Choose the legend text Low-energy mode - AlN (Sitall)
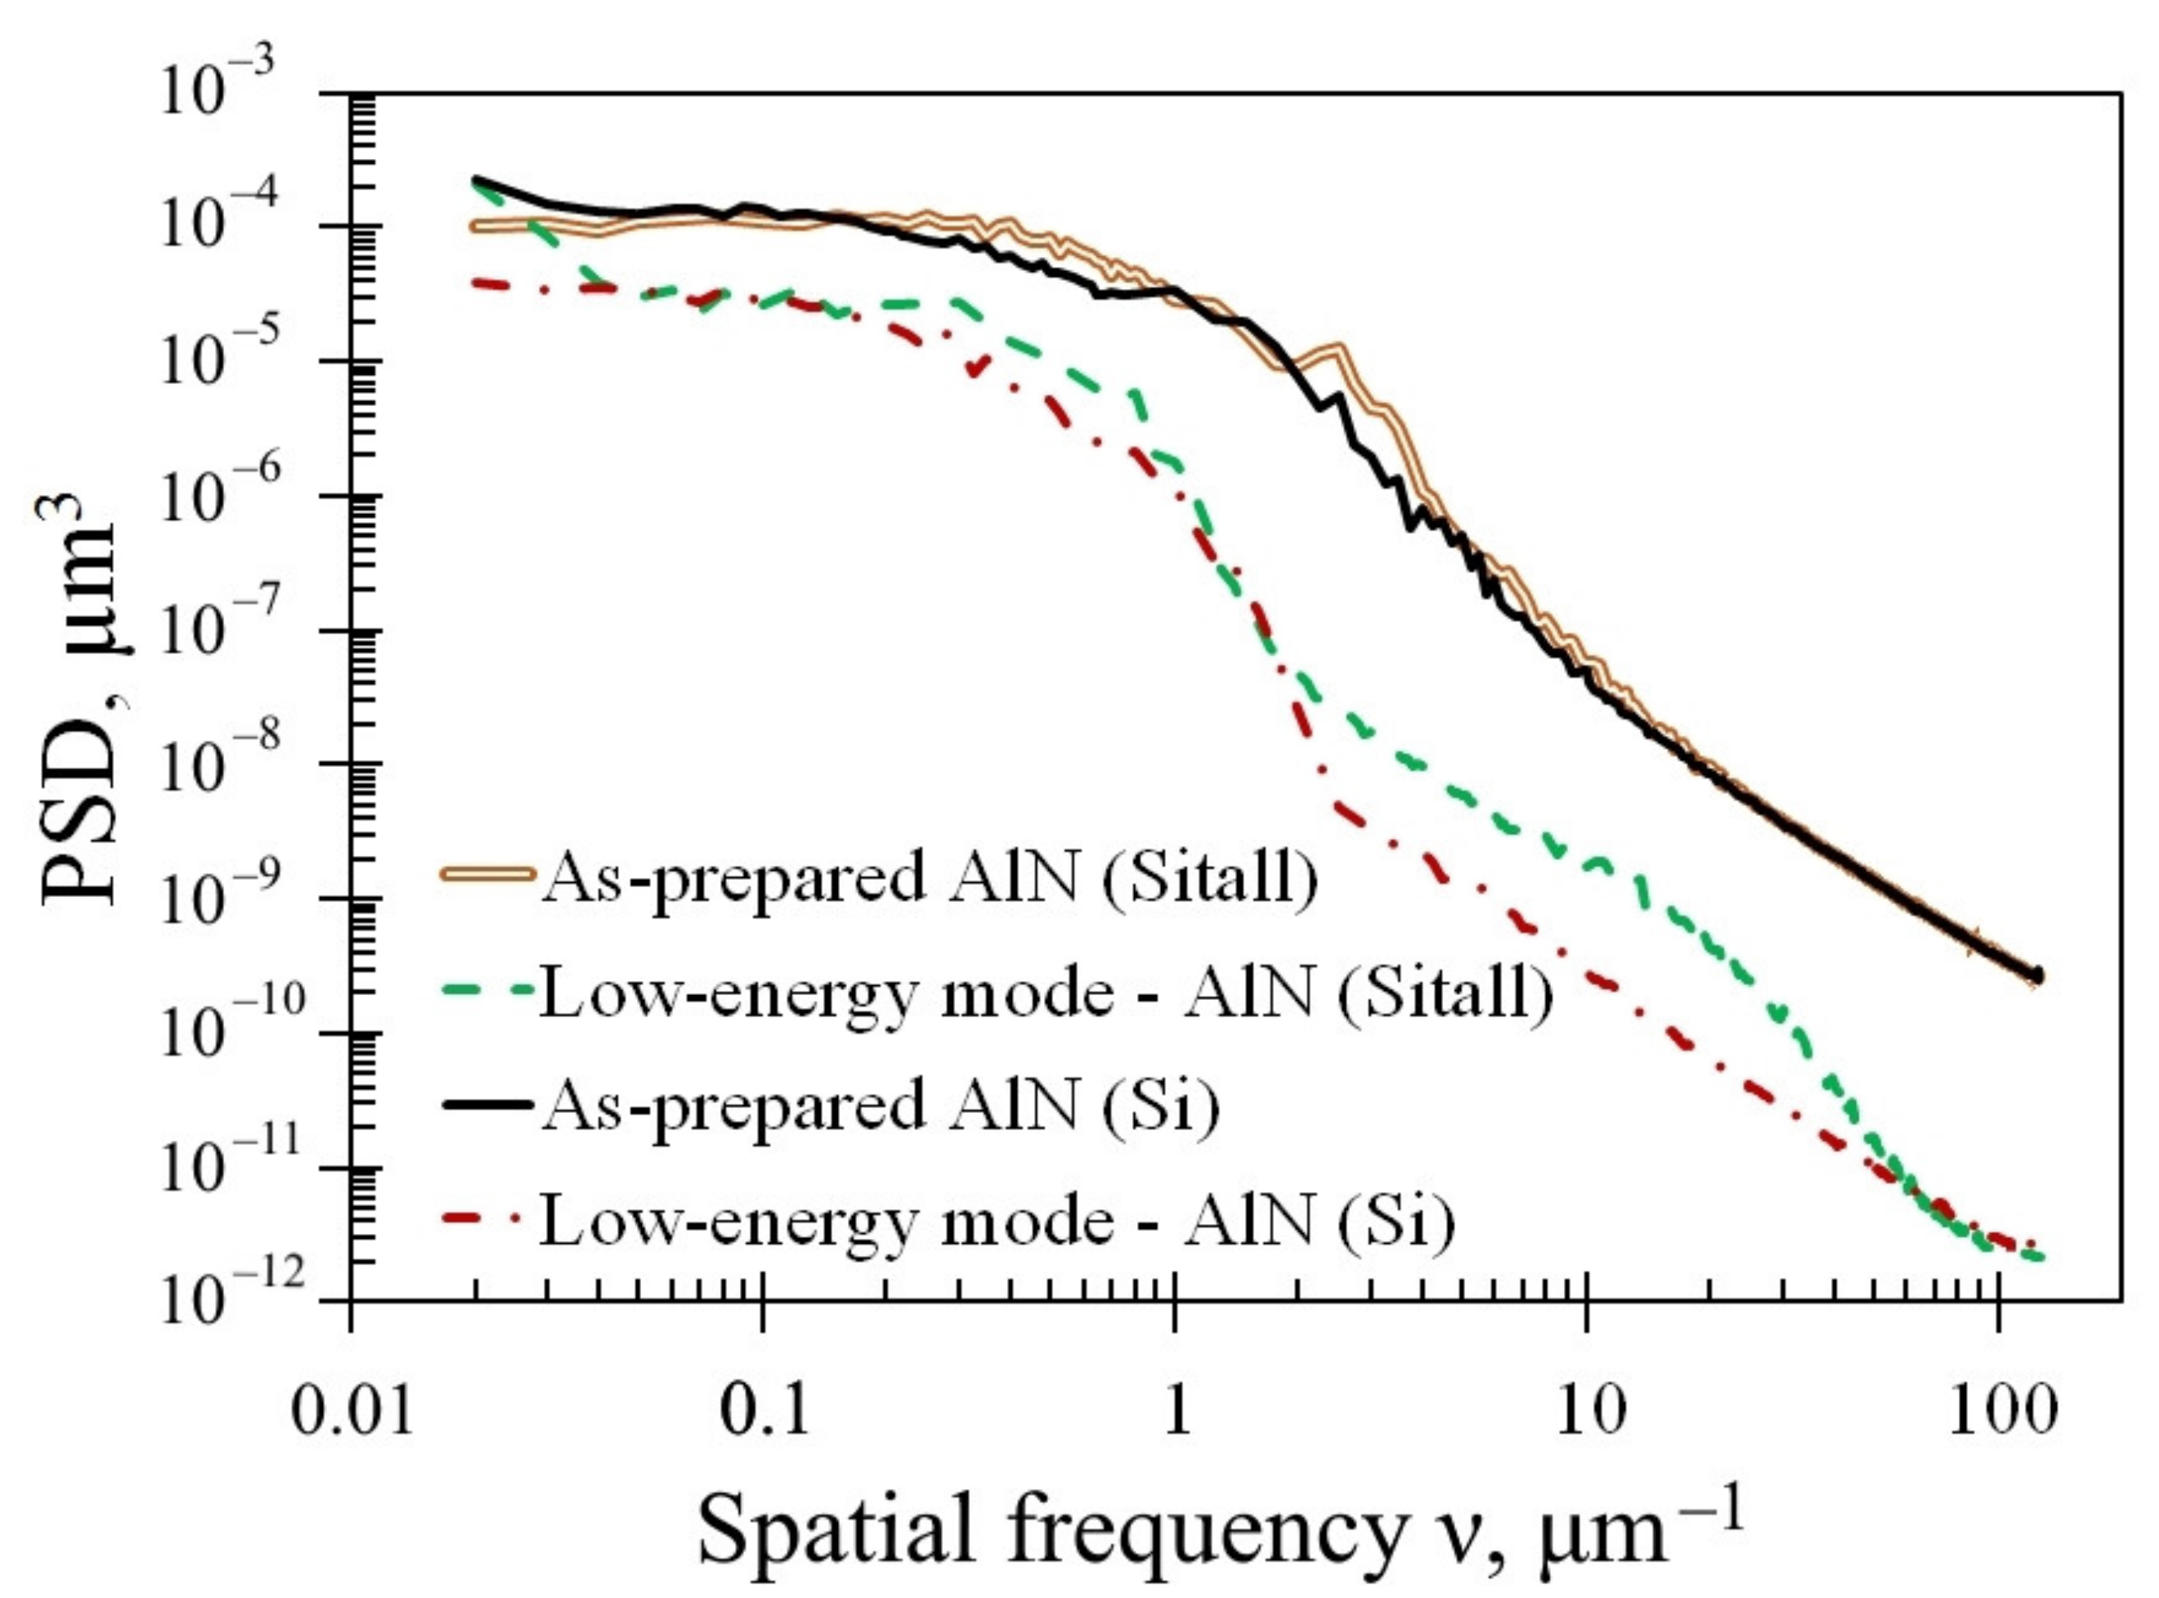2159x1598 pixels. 1045,994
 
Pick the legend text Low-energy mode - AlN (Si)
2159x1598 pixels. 997,1222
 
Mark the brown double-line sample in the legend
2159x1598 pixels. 488,873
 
